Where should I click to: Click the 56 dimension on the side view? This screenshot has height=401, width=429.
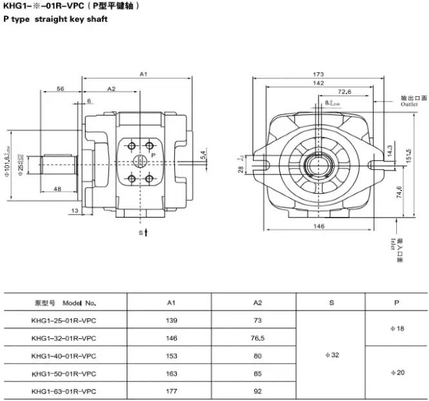60,88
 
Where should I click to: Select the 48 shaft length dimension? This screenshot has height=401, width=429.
57,189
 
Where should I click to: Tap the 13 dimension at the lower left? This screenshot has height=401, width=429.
74,211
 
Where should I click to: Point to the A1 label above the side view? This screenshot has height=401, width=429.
144,75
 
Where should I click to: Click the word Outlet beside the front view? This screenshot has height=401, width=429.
409,103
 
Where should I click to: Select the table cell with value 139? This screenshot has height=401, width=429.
172,320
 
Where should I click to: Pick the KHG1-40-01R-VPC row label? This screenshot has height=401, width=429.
64,355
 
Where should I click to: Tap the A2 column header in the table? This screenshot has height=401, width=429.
258,302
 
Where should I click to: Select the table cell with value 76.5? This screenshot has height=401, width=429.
258,338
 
